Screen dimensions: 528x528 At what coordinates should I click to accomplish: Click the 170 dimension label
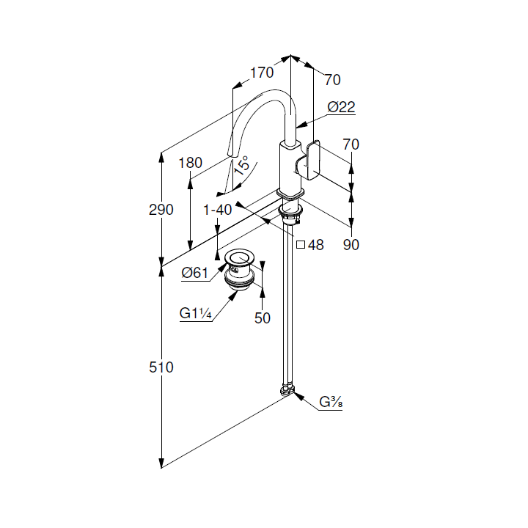click(x=262, y=73)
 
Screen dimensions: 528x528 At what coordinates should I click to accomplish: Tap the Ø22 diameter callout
click(x=341, y=107)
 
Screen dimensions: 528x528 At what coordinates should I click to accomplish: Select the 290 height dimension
click(x=161, y=210)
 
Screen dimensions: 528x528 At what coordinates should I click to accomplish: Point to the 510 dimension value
click(x=161, y=367)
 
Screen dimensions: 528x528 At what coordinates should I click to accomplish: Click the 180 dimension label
click(x=190, y=163)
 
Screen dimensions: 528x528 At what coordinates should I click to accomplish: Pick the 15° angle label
click(x=242, y=165)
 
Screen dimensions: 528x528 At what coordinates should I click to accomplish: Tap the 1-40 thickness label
click(x=218, y=210)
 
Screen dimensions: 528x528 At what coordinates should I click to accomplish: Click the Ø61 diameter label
click(x=195, y=272)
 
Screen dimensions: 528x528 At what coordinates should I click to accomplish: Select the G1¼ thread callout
click(x=196, y=313)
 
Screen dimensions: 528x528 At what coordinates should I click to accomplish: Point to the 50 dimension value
click(x=263, y=318)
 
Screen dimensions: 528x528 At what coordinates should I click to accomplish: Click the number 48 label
click(x=316, y=245)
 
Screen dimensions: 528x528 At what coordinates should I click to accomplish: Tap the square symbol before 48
click(x=301, y=244)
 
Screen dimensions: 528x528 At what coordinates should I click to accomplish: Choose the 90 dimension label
click(x=351, y=245)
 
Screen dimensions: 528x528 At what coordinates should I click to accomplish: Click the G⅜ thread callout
click(x=331, y=402)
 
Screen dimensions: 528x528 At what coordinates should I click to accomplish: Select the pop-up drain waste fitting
click(x=240, y=269)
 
